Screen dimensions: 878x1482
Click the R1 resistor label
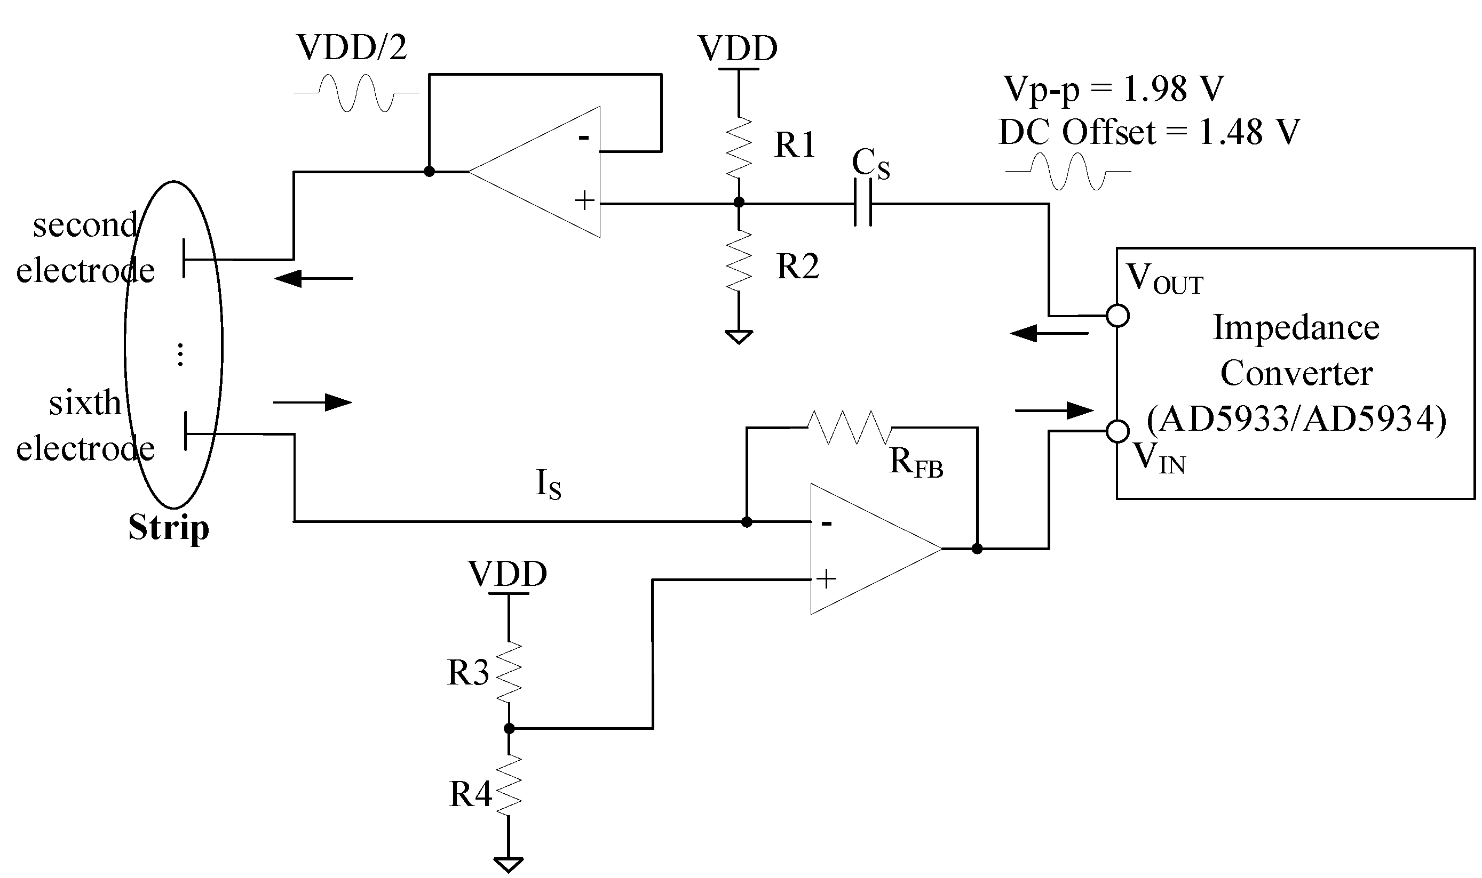tap(795, 144)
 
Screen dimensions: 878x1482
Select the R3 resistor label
tap(467, 673)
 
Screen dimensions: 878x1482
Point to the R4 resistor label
tap(470, 794)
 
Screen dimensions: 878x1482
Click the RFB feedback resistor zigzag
tap(849, 427)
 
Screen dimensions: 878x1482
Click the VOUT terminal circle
tap(1118, 316)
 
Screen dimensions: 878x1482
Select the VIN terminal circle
tap(1118, 431)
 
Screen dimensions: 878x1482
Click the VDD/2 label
tap(352, 47)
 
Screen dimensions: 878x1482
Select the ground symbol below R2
tap(739, 337)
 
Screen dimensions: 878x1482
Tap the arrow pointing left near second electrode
tap(314, 278)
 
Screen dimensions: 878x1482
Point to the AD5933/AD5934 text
tap(1297, 419)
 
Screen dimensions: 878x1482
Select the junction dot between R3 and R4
tap(509, 729)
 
